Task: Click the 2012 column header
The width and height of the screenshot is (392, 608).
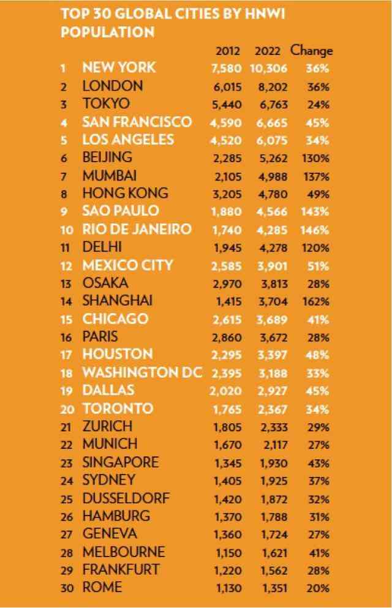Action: (228, 51)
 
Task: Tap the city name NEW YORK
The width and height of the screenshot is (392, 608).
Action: (119, 67)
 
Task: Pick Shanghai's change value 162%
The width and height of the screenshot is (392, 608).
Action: (316, 301)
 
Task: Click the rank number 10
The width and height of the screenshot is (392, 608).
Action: (68, 230)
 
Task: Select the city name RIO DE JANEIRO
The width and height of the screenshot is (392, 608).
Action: (137, 229)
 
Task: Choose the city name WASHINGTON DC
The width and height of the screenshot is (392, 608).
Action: (142, 372)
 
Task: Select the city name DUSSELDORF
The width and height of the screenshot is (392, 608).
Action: (126, 498)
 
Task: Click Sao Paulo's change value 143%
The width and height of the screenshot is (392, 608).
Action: (316, 212)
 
